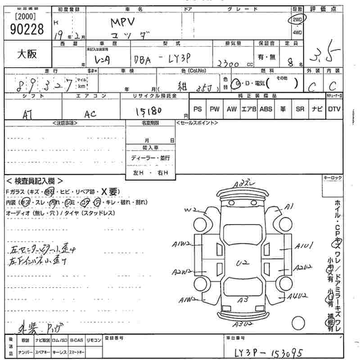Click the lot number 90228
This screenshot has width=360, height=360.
26,29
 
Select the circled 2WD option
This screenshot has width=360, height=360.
297,19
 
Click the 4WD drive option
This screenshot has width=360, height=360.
297,32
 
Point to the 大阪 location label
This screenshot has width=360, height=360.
27,54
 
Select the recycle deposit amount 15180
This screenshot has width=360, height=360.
148,110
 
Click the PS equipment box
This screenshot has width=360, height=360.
198,109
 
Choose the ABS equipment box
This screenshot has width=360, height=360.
266,109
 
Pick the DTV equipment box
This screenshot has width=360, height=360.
334,109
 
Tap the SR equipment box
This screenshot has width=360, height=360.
300,109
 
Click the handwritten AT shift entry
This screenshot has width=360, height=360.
27,114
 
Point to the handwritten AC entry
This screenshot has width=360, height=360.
90,114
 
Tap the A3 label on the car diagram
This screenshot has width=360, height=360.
243,299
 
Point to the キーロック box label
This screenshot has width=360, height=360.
333,178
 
